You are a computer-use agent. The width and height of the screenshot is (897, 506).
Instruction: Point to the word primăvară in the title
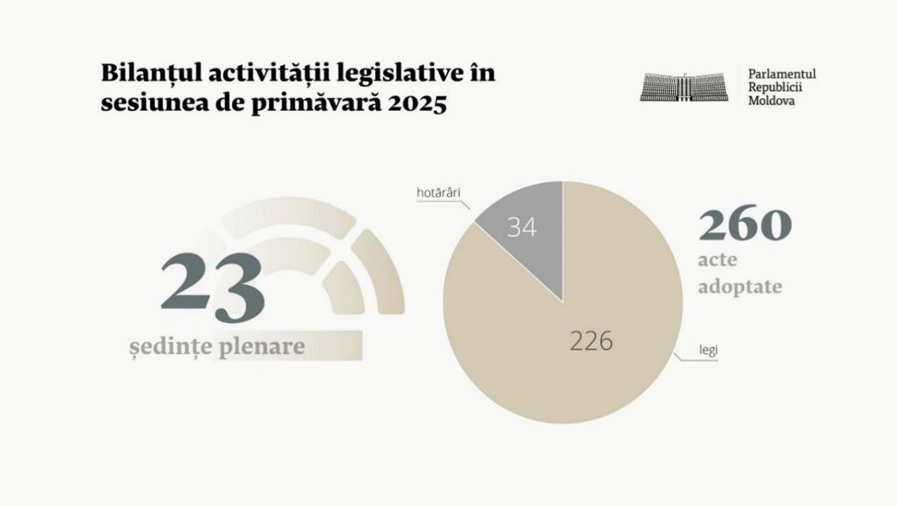312,104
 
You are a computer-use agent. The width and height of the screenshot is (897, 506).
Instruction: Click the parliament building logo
683,86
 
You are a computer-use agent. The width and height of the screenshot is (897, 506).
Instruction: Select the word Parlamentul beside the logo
781,74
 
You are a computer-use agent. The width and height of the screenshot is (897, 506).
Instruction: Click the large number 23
213,288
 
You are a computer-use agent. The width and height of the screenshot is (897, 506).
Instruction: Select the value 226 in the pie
591,341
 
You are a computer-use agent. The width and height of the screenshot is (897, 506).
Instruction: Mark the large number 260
744,225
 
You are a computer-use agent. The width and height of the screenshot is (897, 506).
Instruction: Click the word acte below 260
718,261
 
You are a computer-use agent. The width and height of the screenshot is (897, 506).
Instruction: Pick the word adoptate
739,287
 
